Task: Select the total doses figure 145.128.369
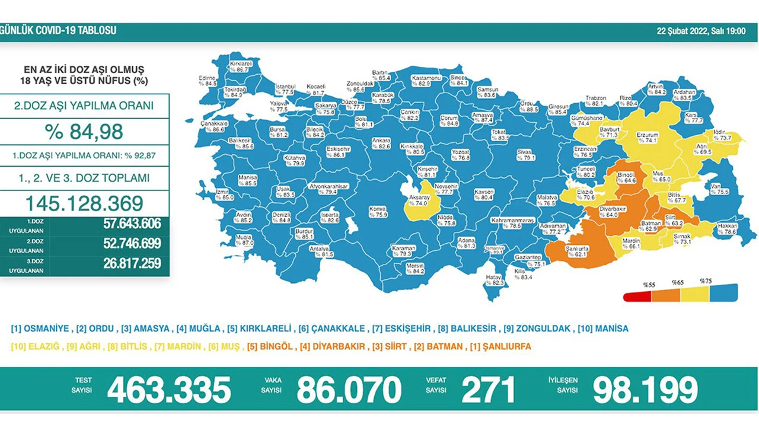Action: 84,203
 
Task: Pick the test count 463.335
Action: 168,390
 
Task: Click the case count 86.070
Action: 349,390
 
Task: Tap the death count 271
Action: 488,390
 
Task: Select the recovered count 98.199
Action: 645,390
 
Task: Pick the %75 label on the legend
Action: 706,281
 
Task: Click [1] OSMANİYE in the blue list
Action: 40,329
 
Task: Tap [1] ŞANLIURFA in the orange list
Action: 502,346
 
